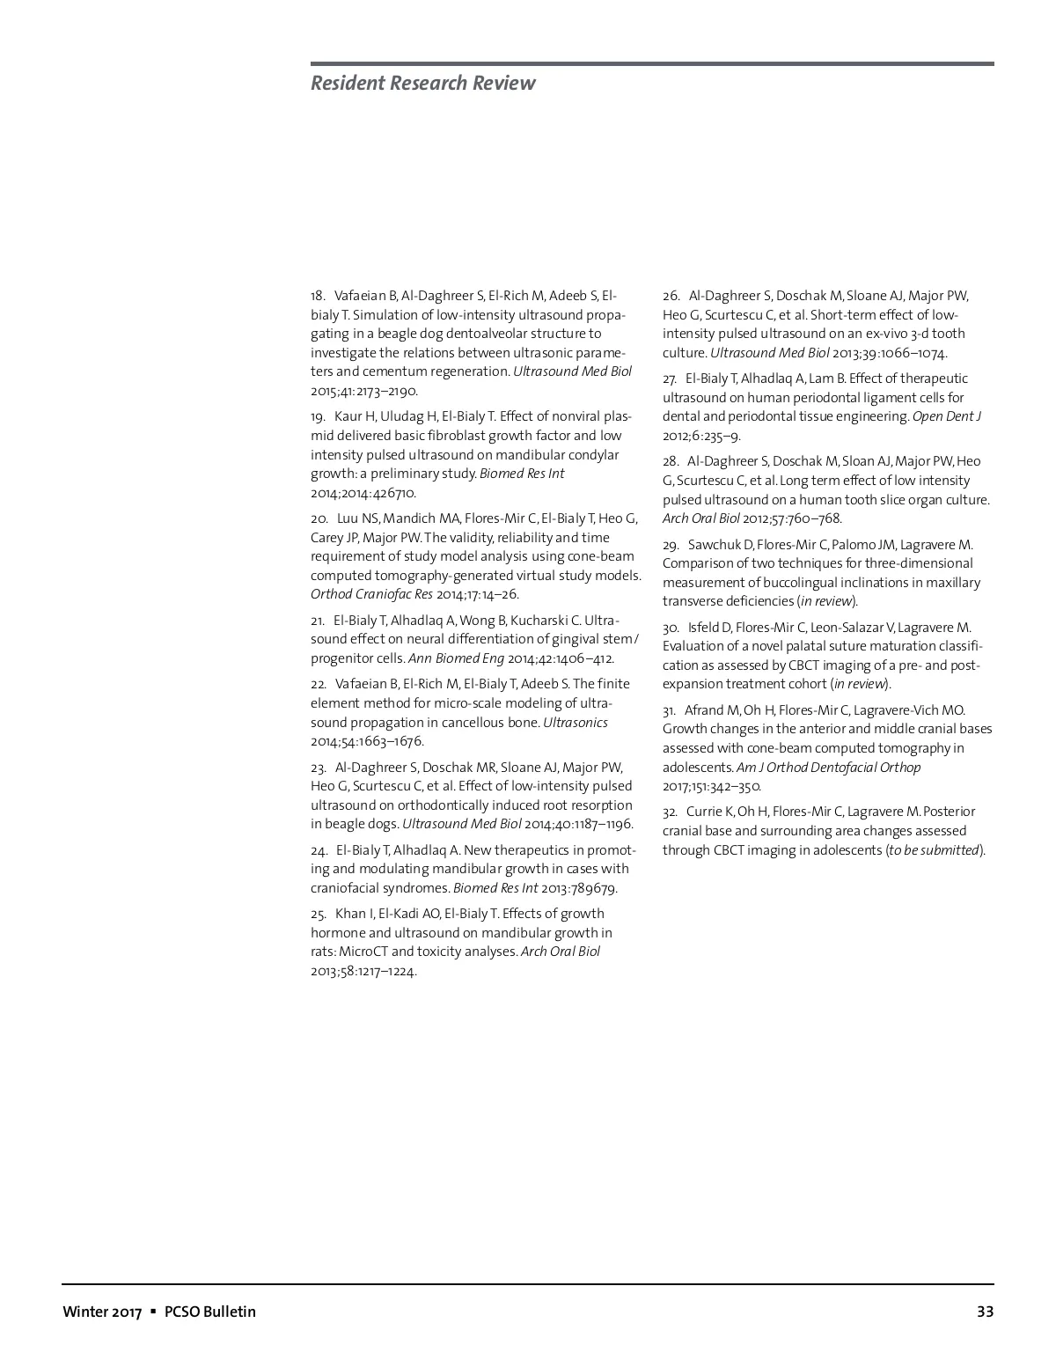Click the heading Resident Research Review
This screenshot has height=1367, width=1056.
pyautogui.click(x=422, y=83)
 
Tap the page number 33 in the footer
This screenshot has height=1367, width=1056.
pyautogui.click(x=985, y=1312)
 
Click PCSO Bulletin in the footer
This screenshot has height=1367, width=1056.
pyautogui.click(x=210, y=1312)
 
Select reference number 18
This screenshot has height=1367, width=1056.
pyautogui.click(x=318, y=296)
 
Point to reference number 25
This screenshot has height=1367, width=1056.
pyautogui.click(x=318, y=914)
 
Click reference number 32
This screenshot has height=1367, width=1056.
pyautogui.click(x=670, y=812)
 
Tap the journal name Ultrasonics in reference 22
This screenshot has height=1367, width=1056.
pyautogui.click(x=575, y=723)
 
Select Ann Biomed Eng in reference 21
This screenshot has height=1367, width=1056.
pyautogui.click(x=456, y=658)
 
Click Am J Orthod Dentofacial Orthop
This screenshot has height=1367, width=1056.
pyautogui.click(x=828, y=768)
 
